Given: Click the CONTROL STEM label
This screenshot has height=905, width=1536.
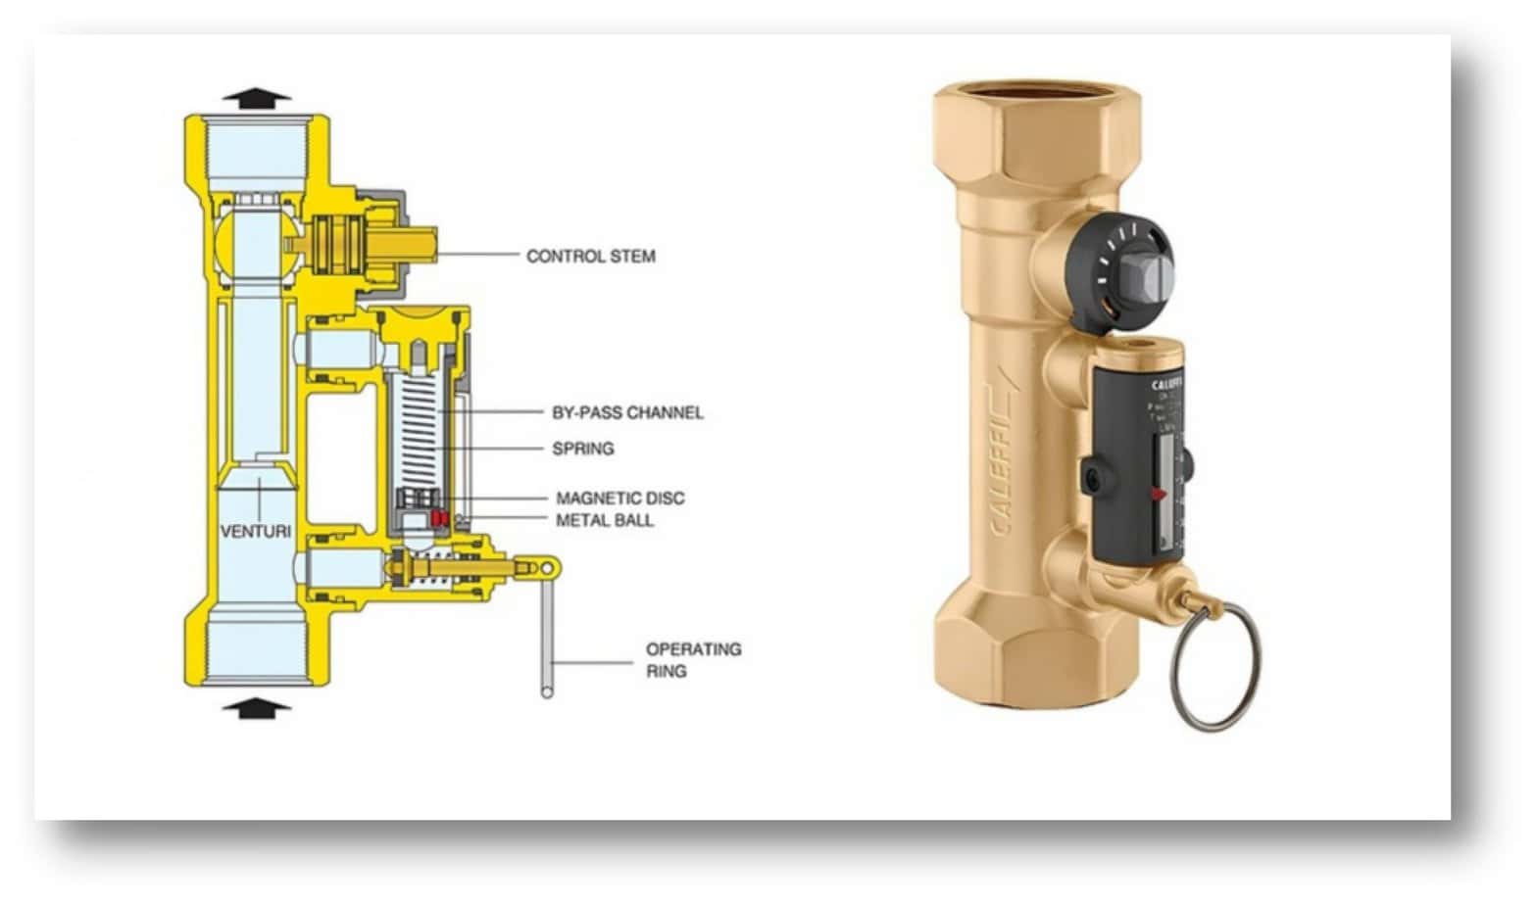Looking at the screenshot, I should [590, 257].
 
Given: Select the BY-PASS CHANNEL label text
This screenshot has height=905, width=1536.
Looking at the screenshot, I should [627, 413].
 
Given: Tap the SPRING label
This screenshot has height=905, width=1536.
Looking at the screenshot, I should [583, 449].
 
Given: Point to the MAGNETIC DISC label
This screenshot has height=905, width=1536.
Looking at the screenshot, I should [619, 499].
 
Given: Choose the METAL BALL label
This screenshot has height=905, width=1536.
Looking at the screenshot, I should [604, 520].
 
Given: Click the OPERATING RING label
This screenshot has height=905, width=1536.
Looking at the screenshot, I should [692, 660].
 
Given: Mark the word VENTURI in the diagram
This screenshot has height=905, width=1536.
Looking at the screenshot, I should [256, 532].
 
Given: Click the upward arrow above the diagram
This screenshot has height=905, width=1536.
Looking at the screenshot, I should [256, 96].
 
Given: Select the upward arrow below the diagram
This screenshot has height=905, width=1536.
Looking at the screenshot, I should [256, 708].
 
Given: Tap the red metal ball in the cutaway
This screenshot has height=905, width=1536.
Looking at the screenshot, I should [438, 517].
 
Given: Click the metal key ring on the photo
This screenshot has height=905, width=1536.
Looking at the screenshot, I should [1214, 666].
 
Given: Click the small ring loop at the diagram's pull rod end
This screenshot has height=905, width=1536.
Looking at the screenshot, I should [549, 567].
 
